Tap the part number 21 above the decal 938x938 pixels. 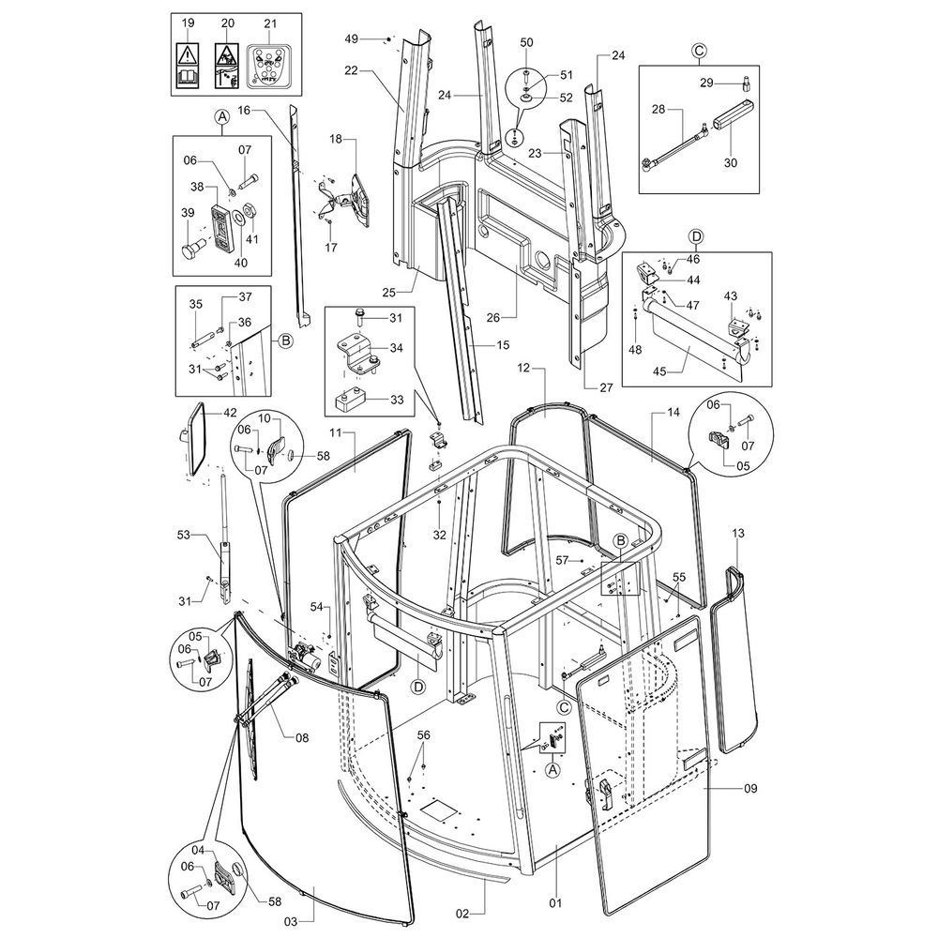click(x=271, y=22)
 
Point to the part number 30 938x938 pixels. click(x=731, y=162)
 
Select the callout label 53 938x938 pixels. click(x=184, y=535)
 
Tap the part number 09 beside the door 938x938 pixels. click(x=749, y=789)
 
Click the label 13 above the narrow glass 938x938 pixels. click(x=738, y=533)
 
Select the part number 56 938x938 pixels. click(x=423, y=735)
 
